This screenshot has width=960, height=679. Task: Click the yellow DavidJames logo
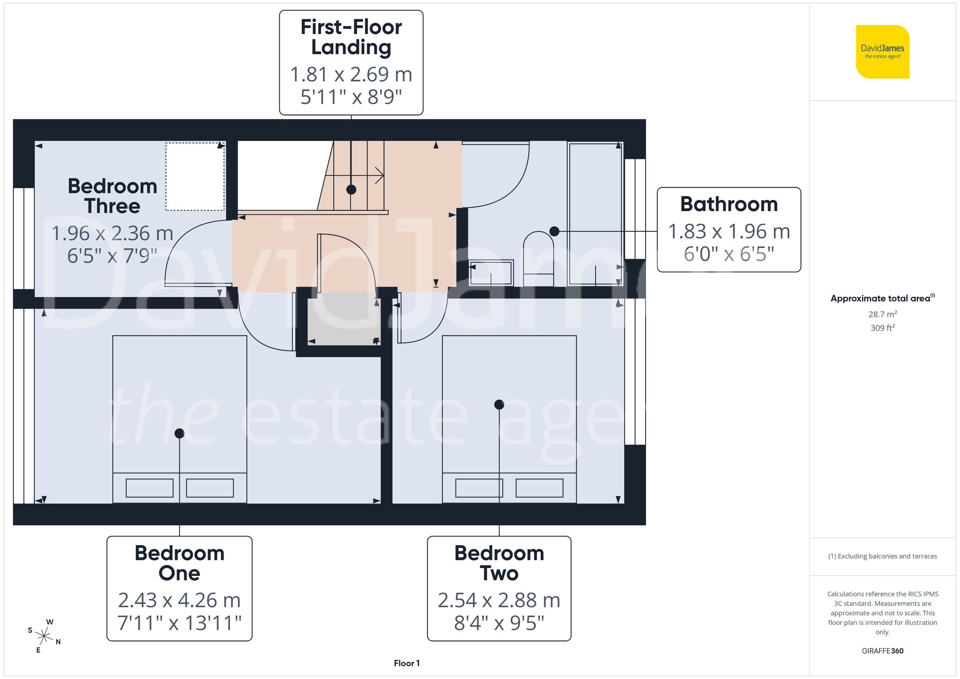(x=882, y=52)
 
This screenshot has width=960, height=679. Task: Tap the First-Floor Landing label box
(x=351, y=62)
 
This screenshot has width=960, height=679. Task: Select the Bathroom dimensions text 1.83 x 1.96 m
(x=729, y=231)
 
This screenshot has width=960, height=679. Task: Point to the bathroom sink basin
(x=491, y=273)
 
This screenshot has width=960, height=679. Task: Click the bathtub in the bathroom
(x=595, y=214)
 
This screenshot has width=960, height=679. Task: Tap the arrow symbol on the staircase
(x=379, y=176)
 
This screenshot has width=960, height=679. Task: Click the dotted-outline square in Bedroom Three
(x=195, y=177)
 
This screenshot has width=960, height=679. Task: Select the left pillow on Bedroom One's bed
(x=149, y=488)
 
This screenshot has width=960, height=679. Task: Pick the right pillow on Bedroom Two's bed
(x=539, y=488)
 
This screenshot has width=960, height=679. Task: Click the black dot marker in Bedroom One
(x=180, y=433)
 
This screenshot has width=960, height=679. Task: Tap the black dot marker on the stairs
(x=351, y=190)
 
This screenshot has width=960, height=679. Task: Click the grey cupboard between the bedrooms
(x=343, y=321)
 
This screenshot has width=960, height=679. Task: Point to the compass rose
(x=44, y=636)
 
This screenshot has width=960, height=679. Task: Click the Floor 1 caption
(x=407, y=663)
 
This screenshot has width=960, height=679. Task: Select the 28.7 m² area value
(x=882, y=314)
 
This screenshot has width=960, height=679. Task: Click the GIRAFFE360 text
(x=882, y=651)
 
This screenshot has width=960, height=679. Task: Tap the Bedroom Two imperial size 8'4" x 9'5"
(x=499, y=623)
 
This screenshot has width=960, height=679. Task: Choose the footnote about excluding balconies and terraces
(x=882, y=556)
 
